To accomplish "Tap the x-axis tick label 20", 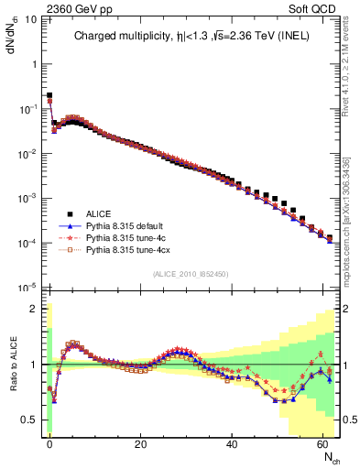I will pyautogui.click(x=139, y=443).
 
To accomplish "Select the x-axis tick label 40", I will pyautogui.click(x=231, y=443).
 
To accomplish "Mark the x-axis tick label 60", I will pyautogui.click(x=322, y=443).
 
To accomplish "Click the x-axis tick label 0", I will pyautogui.click(x=49, y=443).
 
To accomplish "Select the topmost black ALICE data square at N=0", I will pyautogui.click(x=49, y=95).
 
